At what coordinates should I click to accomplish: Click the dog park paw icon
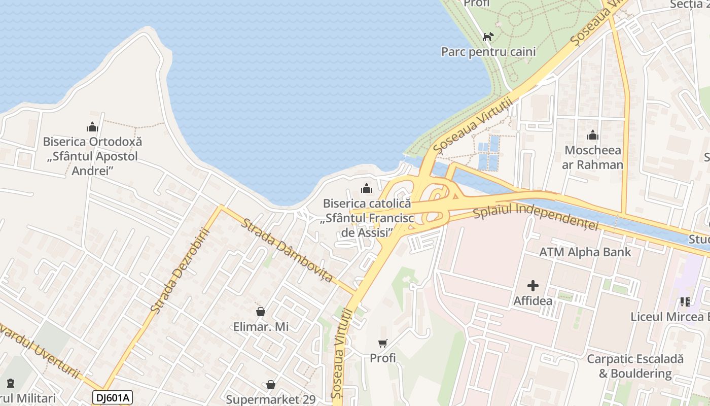click(x=488, y=37)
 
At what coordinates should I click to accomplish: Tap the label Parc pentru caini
click(x=488, y=52)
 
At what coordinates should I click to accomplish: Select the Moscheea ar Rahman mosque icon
click(x=592, y=136)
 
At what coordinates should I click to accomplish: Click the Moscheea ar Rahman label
click(x=593, y=157)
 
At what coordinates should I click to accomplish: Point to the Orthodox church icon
click(x=92, y=127)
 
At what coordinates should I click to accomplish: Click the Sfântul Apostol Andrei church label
click(x=92, y=156)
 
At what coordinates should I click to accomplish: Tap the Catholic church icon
click(x=366, y=189)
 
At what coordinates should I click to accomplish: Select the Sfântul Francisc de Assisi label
click(x=367, y=218)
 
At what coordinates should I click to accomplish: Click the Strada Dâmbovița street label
click(x=287, y=250)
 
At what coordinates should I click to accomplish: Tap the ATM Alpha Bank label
click(x=585, y=252)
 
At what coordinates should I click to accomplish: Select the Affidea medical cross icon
click(x=532, y=286)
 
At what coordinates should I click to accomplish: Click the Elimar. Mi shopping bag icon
click(x=261, y=312)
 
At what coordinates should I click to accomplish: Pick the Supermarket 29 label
click(x=271, y=399)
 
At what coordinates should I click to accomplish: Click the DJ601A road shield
click(x=112, y=397)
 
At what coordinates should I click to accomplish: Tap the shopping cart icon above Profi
click(x=383, y=344)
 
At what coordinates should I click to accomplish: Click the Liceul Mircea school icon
click(x=685, y=302)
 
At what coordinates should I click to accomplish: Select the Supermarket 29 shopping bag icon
click(x=271, y=385)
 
